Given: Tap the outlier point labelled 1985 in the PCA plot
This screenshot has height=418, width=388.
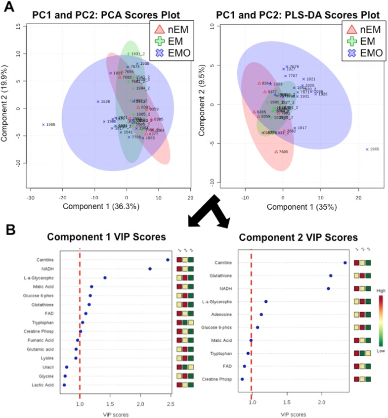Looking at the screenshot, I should (43, 125).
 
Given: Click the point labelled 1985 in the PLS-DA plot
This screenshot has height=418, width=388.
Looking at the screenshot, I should (367, 149).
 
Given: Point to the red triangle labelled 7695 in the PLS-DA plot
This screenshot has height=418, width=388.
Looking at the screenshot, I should (276, 152).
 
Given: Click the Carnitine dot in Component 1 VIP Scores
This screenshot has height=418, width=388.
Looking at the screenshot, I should (168, 259).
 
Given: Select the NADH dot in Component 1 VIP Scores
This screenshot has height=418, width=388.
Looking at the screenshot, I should (150, 269).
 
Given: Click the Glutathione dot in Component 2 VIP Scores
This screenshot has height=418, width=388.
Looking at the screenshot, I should (331, 276).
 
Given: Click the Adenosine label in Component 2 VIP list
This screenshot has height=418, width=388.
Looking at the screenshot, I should (219, 314).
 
